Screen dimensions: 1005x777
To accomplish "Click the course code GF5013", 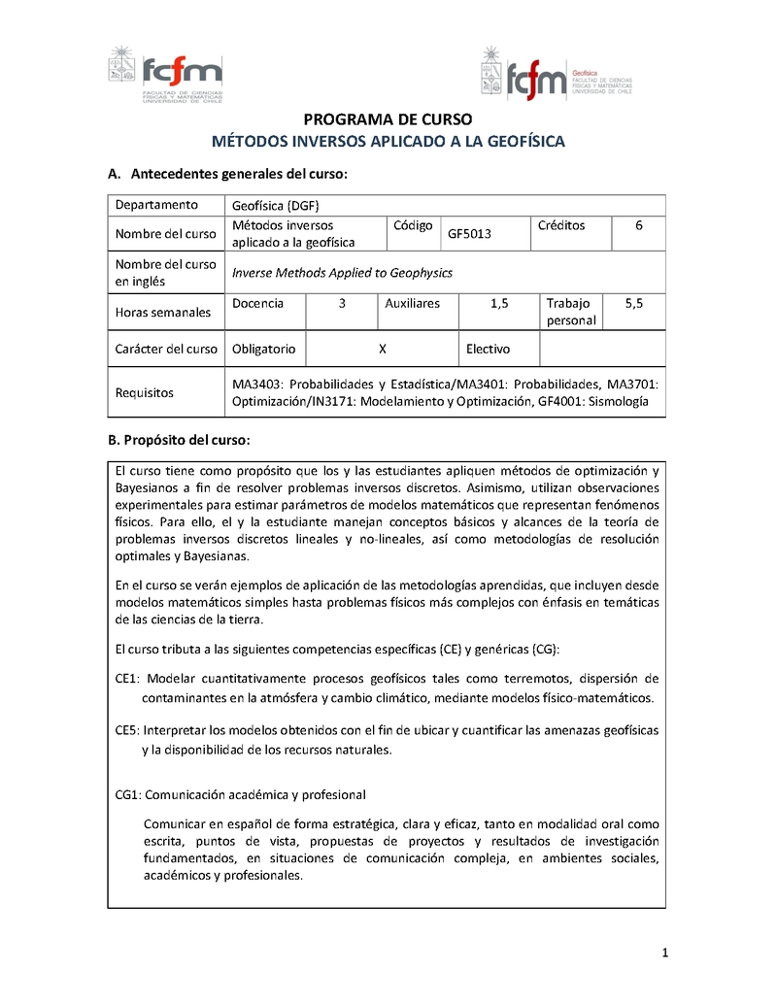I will click(x=470, y=233).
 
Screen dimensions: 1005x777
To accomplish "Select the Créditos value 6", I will click(x=638, y=225).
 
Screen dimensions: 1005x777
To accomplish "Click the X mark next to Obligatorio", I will click(x=383, y=349).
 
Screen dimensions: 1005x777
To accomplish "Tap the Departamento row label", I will click(x=156, y=205).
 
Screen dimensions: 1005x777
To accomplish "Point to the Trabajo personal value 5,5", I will click(x=633, y=304).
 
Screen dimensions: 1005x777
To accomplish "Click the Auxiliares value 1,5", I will click(x=499, y=304).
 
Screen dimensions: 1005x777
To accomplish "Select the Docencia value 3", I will click(x=342, y=304).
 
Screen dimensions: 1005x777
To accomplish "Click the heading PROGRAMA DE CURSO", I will click(x=388, y=120).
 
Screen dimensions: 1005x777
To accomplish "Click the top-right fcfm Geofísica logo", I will click(x=556, y=76).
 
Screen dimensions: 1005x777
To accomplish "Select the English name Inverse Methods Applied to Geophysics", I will click(x=342, y=273).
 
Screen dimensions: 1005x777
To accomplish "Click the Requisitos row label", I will click(x=144, y=393).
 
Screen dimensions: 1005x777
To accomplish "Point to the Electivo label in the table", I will click(x=488, y=349).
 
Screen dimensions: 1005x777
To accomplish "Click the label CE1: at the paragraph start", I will click(x=128, y=678).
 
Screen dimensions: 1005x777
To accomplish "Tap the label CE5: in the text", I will click(x=128, y=730).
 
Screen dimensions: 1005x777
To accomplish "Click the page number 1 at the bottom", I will click(x=664, y=954).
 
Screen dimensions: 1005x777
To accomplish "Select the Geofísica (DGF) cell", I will click(x=276, y=205).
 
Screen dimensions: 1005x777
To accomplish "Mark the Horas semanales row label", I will click(x=162, y=313).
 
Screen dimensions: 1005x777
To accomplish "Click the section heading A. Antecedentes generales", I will click(x=226, y=174).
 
